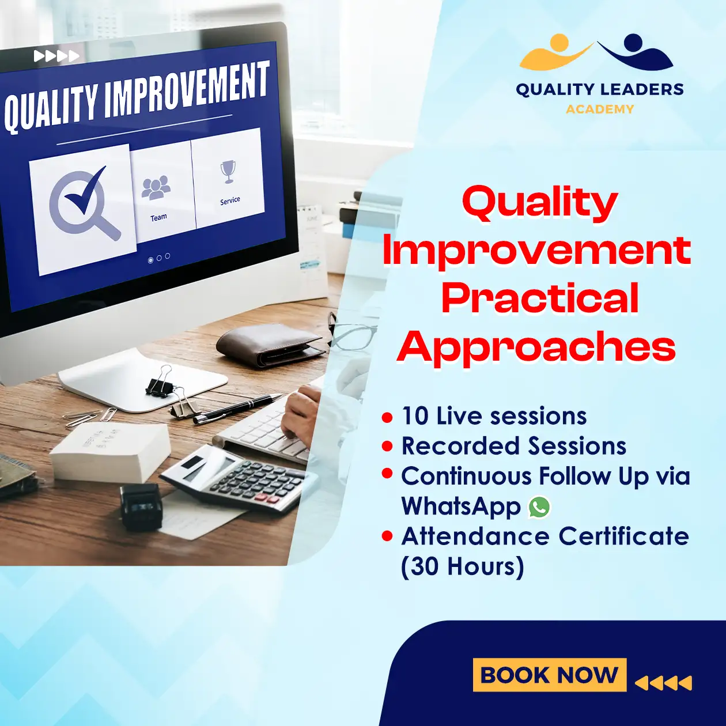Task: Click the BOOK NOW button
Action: coord(549,675)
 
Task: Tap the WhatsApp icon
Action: coord(539,506)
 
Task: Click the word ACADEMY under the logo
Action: coord(600,109)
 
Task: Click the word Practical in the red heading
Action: coord(540,298)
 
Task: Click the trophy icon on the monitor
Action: coord(228,172)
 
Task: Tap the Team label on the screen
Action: coord(158,217)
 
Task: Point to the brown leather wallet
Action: coord(270,345)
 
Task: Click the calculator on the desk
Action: coord(239,478)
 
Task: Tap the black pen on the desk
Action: coord(237,408)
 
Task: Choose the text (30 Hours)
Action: coord(462,566)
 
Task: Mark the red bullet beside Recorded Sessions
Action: coord(387,447)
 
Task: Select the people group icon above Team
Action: coord(156,188)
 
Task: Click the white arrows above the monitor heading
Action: coord(56,56)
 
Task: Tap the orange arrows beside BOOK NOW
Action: coord(663,683)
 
